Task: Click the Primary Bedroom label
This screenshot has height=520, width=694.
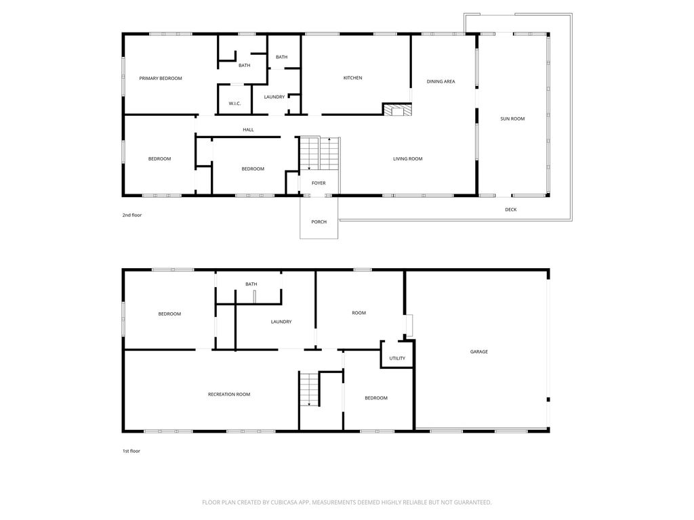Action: coord(161,79)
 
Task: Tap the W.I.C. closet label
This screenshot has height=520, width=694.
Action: coord(235,104)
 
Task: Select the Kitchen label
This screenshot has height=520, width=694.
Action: coord(352,78)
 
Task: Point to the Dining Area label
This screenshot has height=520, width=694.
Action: coord(441,82)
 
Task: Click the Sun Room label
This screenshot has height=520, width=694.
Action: coord(512,119)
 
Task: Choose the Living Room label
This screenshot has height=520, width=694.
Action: coord(407,159)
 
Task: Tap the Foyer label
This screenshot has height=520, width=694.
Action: coord(319,183)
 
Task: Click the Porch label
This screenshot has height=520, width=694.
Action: coord(319,222)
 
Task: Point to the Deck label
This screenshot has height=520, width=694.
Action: coord(510,210)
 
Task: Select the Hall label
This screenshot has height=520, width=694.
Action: coord(248,130)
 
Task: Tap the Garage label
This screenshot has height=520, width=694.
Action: coord(479,352)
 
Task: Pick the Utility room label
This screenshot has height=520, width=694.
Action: coord(397,358)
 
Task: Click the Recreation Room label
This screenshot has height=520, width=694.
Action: coord(229,394)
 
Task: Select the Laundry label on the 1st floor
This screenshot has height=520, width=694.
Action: coord(281,322)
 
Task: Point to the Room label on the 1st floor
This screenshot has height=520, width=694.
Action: coord(359,313)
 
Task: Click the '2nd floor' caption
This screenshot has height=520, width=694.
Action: coord(132,215)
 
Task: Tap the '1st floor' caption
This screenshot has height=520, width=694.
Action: coord(131,451)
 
